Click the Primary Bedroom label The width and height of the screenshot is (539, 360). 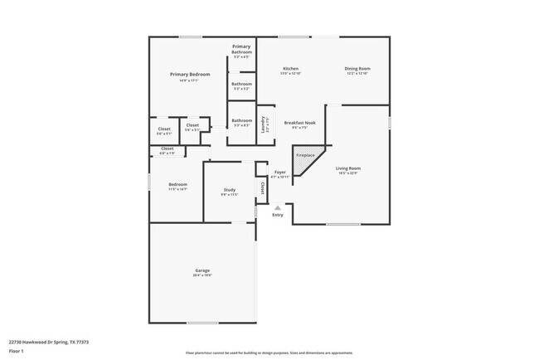tap(190, 75)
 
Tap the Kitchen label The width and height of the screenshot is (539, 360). tap(290, 68)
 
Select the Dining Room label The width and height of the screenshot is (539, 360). tap(357, 68)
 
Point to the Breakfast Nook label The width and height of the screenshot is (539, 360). tap(300, 122)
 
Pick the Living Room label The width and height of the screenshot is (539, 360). tap(348, 168)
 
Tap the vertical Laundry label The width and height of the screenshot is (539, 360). tap(263, 125)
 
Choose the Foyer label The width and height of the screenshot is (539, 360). tap(280, 172)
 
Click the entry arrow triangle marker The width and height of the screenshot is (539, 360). tap(278, 207)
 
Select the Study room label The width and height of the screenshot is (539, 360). tap(229, 190)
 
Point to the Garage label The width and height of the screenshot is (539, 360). tap(202, 270)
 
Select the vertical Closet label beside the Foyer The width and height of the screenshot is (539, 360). tap(262, 188)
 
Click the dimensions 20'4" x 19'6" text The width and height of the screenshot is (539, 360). tap(202, 275)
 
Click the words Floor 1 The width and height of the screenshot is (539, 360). tap(17, 351)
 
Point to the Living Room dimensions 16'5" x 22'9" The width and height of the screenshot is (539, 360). tap(348, 173)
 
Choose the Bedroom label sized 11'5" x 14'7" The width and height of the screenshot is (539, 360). tap(177, 184)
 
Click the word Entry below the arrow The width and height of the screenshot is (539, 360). tap(278, 215)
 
